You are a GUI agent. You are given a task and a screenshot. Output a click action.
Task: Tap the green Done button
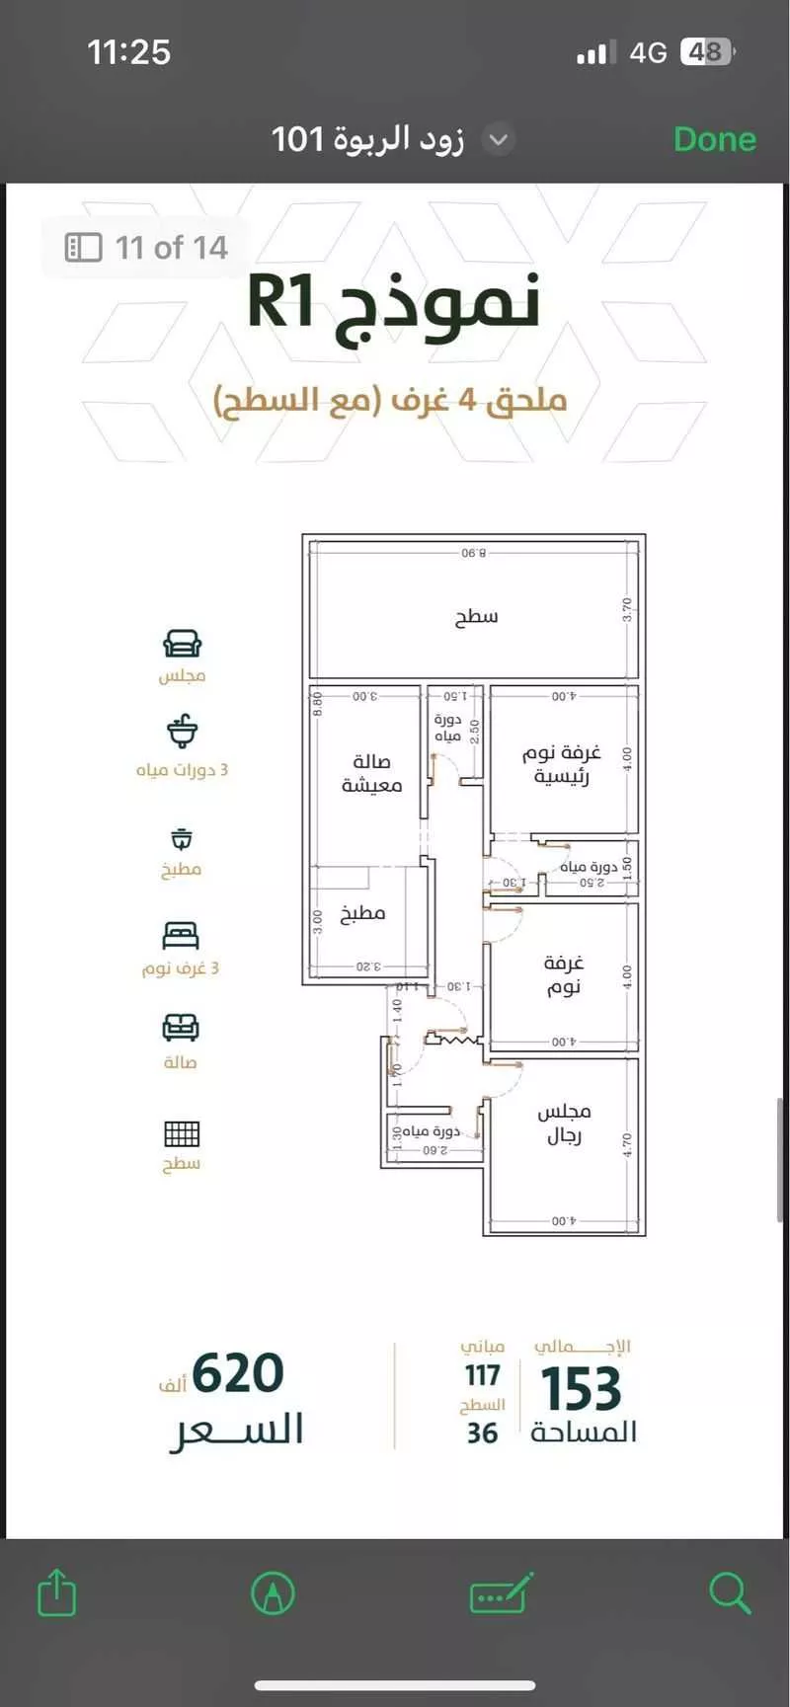(x=714, y=139)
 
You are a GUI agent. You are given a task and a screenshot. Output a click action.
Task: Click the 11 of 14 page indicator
(x=148, y=247)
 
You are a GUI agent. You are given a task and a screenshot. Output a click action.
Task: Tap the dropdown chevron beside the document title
(x=499, y=139)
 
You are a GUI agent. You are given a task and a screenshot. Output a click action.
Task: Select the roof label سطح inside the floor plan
(x=476, y=617)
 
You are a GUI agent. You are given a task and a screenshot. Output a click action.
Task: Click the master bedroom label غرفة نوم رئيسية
(x=561, y=764)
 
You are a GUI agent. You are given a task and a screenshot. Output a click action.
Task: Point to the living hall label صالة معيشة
(x=371, y=773)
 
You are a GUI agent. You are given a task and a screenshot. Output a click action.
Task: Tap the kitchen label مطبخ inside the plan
(x=362, y=913)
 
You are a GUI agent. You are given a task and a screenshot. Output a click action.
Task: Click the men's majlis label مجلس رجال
(x=564, y=1124)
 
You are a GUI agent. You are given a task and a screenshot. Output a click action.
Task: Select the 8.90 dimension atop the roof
(x=474, y=553)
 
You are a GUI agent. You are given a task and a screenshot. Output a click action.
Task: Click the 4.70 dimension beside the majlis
(x=626, y=1144)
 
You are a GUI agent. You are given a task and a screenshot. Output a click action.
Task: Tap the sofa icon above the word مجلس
(x=182, y=645)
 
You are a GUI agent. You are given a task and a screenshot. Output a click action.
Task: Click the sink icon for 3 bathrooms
(x=182, y=733)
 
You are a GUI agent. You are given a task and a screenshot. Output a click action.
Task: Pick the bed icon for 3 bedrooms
(x=181, y=935)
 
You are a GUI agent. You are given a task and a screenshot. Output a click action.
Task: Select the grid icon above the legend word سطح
(x=182, y=1133)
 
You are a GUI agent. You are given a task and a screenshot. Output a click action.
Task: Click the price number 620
(x=238, y=1373)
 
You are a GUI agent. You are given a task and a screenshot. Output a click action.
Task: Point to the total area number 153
(x=581, y=1389)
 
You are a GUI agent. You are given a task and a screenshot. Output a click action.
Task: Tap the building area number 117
(x=482, y=1374)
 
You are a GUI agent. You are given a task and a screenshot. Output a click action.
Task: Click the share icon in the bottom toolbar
(x=56, y=1592)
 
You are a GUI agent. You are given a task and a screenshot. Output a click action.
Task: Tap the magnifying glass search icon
(x=730, y=1592)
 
